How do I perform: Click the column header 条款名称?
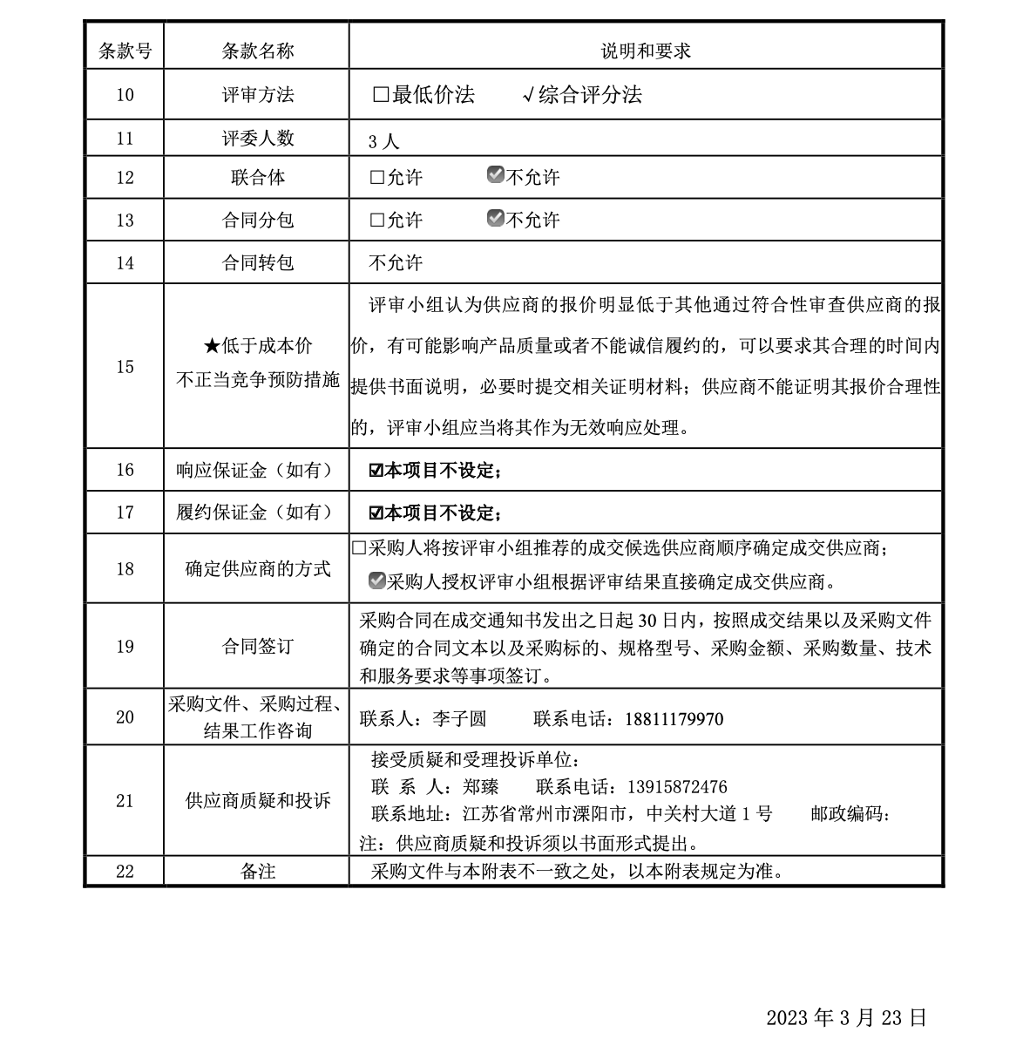click(257, 51)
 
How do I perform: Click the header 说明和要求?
click(646, 51)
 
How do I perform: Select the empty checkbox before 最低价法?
click(381, 95)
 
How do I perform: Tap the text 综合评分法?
click(590, 95)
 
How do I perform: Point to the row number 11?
click(125, 139)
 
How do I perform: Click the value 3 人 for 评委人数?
click(383, 141)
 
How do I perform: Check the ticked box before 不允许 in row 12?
click(496, 175)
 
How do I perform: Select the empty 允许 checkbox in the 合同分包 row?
click(377, 221)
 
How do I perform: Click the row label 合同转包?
click(257, 262)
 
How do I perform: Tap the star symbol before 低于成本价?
click(212, 347)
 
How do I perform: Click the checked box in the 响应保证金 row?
click(376, 471)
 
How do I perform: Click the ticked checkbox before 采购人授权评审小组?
click(377, 580)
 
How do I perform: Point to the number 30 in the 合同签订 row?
click(647, 621)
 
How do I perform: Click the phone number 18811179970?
click(674, 719)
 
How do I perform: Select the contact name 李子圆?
click(459, 719)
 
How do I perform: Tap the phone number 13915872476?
click(677, 787)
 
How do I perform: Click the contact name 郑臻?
click(481, 787)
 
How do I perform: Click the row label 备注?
click(257, 871)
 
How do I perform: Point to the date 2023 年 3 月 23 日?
click(846, 1017)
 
